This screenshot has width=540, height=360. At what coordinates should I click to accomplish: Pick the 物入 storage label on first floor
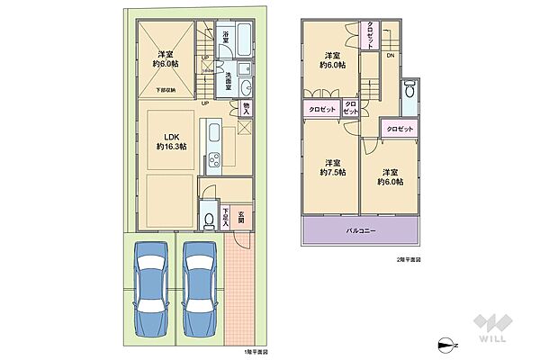click(x=247, y=109)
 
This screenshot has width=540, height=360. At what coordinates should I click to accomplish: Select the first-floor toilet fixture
click(x=208, y=219)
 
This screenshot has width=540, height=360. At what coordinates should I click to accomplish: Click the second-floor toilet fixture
click(x=410, y=91)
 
